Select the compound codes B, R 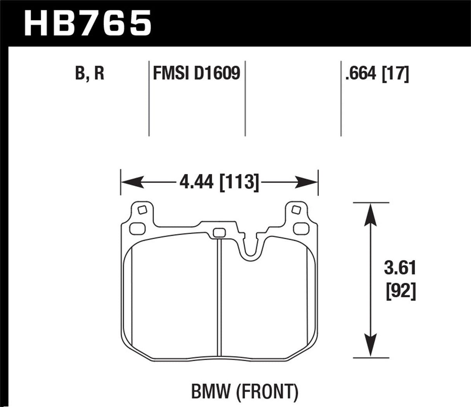(x=90, y=73)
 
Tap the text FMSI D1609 (x=197, y=73)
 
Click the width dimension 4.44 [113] (x=219, y=182)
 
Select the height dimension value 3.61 (x=400, y=268)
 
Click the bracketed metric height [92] (x=400, y=291)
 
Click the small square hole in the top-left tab (x=142, y=210)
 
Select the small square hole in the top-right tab (x=296, y=210)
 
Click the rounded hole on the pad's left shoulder (x=137, y=229)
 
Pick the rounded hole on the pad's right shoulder (x=301, y=229)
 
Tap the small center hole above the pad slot (x=219, y=233)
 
